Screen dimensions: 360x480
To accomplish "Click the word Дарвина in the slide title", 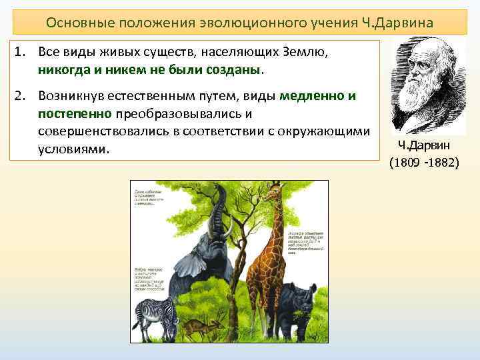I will point(402,22).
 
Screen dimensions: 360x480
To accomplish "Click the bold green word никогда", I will point(63,69).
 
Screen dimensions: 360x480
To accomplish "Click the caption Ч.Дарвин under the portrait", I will point(424,145).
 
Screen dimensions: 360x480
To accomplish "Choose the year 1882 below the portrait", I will point(444,162).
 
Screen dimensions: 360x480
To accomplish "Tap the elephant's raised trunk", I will point(219,207).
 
